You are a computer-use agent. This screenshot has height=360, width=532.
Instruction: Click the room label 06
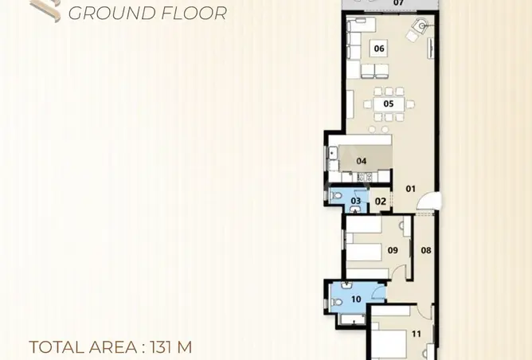tap(379, 49)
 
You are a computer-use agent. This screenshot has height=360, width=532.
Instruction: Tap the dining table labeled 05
tap(389, 104)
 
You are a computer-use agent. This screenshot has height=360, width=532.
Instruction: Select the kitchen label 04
tap(362, 161)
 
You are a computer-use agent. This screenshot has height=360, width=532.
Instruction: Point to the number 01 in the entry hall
tap(410, 189)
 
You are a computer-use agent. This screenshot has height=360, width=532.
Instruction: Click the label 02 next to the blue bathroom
tap(381, 202)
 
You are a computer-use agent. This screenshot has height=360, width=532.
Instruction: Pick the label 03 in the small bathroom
tap(355, 201)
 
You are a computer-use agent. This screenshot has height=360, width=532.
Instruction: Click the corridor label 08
tap(426, 250)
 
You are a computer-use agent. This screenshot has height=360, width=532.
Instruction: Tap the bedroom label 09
tap(393, 250)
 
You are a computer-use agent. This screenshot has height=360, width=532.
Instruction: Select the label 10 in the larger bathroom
tap(356, 299)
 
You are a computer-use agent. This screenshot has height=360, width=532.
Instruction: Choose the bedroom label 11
tap(417, 334)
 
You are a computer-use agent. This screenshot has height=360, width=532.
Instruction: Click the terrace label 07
tap(399, 2)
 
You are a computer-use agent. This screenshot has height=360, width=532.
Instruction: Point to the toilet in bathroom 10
tap(336, 302)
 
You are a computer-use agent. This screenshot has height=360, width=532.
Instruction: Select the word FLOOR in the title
tap(194, 14)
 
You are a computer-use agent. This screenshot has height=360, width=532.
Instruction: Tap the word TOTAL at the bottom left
tap(57, 347)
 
